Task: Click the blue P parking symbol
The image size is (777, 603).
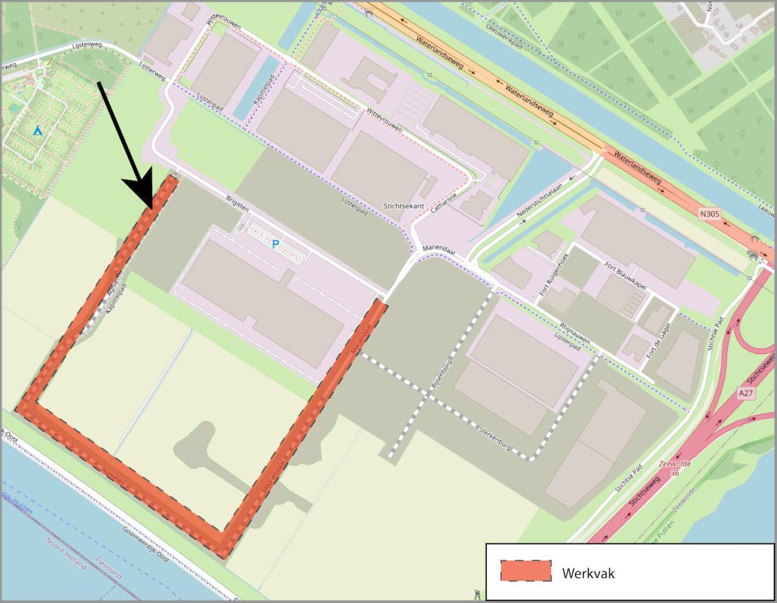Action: tap(275, 244)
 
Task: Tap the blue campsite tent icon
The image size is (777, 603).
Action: tap(38, 131)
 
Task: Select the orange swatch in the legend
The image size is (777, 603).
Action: tap(525, 571)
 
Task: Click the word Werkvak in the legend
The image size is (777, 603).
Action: tap(588, 573)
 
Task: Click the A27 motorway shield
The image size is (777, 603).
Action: tap(747, 393)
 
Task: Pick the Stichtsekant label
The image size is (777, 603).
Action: tap(403, 206)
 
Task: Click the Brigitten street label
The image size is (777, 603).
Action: tap(237, 203)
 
